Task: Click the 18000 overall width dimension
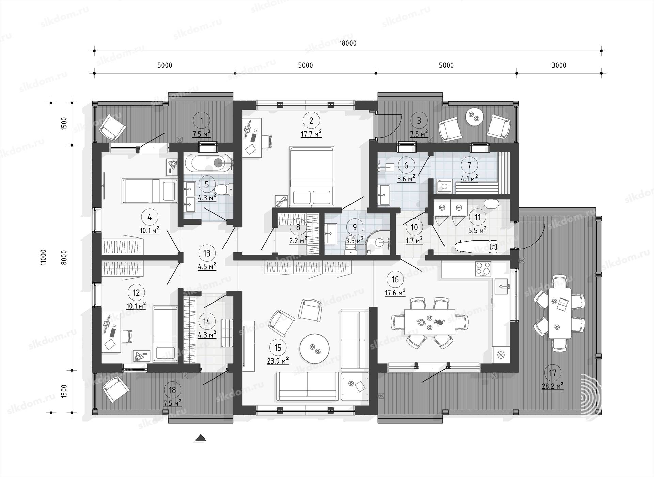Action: coord(348,43)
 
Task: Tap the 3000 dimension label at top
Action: coord(559,65)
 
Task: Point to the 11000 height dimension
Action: coord(43,257)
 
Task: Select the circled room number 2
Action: coord(311,120)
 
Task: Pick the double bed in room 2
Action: coord(311,176)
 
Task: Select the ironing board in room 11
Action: coord(476,247)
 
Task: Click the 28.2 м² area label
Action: coord(552,386)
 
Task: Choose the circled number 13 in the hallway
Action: coord(207,253)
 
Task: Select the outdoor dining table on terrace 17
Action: coord(560,313)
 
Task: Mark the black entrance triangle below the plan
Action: coord(200,438)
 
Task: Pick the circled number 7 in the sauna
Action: coord(469,165)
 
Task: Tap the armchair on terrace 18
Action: coord(116,389)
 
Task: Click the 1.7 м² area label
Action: coord(414,240)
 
